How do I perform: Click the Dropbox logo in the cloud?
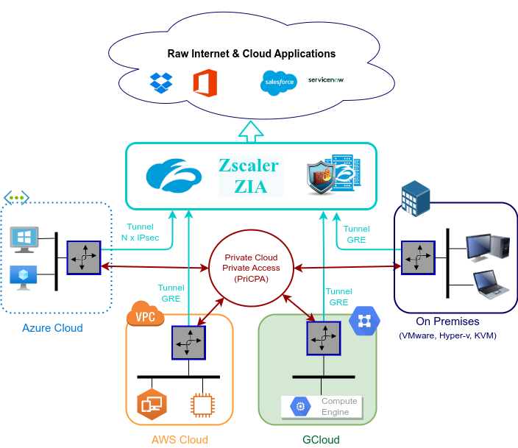point(160,82)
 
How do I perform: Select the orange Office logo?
point(205,82)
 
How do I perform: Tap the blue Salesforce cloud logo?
point(278,82)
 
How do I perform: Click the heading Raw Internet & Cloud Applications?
point(252,54)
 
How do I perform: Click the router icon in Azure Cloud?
point(83,257)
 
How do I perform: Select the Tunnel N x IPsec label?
point(141,232)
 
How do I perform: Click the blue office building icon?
point(414,197)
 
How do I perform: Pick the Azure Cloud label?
point(52,328)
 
